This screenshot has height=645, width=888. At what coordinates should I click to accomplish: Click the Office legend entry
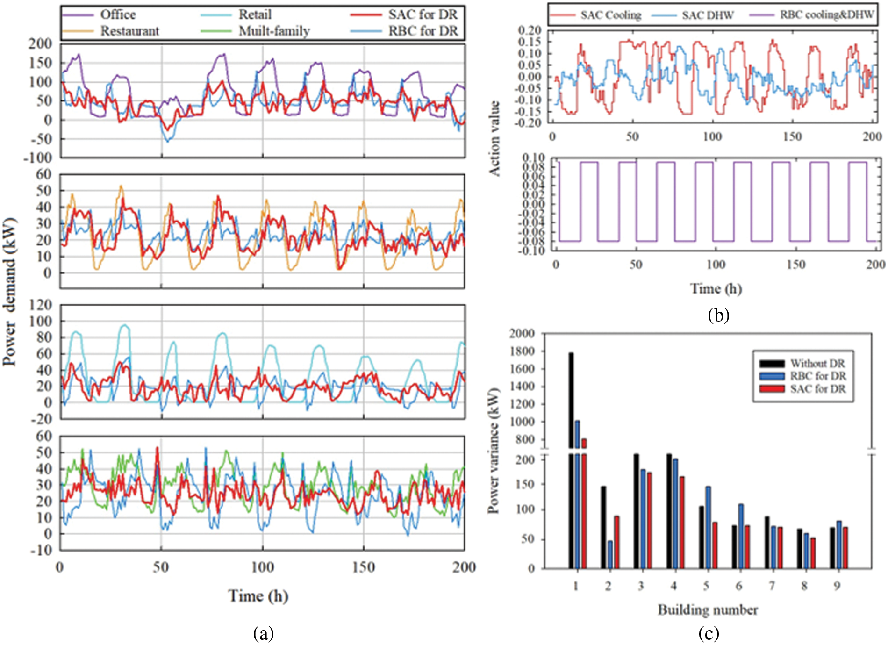click(x=118, y=15)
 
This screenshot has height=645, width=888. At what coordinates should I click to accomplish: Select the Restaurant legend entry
click(x=129, y=31)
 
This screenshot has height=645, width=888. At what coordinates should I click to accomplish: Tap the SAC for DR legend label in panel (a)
click(x=423, y=15)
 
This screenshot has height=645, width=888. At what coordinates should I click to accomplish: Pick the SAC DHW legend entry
click(x=707, y=15)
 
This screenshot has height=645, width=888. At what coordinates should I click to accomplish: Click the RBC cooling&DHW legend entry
click(x=826, y=15)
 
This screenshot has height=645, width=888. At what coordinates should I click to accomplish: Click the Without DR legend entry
click(x=817, y=364)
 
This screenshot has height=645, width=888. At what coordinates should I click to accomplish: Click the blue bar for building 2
click(x=610, y=554)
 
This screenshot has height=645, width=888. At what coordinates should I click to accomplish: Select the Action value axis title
click(x=494, y=138)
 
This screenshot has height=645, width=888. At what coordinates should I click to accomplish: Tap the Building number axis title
click(x=708, y=610)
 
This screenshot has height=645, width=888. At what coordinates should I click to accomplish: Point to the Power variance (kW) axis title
click(x=494, y=451)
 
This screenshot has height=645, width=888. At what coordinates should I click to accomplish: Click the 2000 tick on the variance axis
click(x=522, y=333)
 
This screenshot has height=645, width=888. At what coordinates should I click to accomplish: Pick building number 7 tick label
click(x=772, y=586)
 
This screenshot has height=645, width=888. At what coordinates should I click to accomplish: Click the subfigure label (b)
click(x=718, y=315)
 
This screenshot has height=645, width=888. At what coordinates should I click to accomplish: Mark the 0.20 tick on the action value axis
click(x=529, y=31)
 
